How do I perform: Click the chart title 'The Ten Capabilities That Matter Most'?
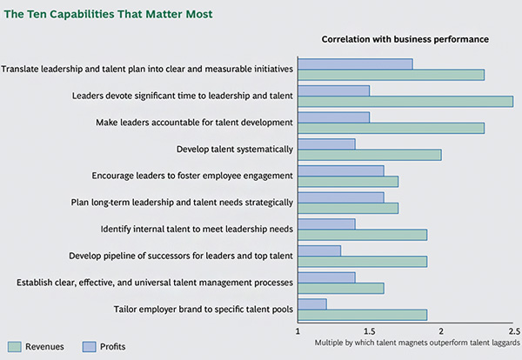(x=108, y=15)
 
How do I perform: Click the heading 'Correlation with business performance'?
(x=405, y=39)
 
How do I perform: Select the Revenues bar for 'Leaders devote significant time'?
(x=405, y=102)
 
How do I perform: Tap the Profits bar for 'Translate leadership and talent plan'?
(x=355, y=63)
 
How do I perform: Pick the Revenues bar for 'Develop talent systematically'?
(x=370, y=155)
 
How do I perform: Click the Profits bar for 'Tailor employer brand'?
(x=312, y=304)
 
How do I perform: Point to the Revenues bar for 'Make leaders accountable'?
(x=391, y=128)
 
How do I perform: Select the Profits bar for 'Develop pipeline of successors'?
(x=319, y=250)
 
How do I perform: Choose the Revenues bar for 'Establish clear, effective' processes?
(x=341, y=288)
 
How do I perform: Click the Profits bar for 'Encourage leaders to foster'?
(x=341, y=170)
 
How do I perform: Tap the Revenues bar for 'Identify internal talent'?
(x=363, y=235)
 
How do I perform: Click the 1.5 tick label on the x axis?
(x=370, y=331)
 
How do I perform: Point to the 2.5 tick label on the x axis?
(x=512, y=331)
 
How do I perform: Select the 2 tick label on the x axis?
(x=441, y=331)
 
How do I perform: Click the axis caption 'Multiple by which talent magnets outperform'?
(x=418, y=343)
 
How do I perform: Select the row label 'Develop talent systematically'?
(x=234, y=149)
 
